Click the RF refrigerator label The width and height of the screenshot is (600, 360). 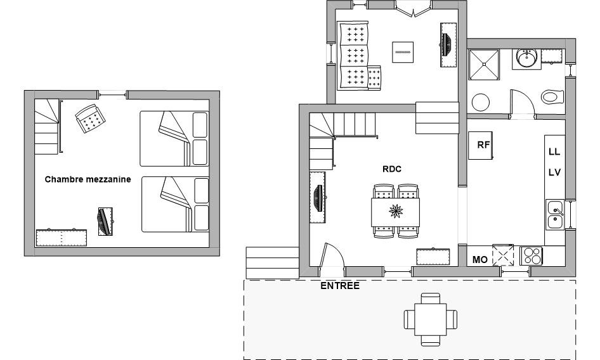483,145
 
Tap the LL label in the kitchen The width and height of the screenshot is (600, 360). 554,151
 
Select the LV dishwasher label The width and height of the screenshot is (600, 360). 554,172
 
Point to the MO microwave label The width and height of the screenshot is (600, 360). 480,260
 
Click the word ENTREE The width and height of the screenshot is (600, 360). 340,286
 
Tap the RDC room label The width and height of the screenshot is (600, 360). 392,169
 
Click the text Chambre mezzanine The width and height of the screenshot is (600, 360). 88,179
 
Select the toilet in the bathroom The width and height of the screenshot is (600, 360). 552,97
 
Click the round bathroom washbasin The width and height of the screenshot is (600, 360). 527,58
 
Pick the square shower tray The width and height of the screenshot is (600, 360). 484,65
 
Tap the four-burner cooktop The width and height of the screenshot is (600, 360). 531,255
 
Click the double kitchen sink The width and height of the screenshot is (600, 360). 554,215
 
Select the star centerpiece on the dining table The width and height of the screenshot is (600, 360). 396,211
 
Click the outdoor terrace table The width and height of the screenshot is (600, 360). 431,319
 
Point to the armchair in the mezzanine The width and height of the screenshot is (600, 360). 90,119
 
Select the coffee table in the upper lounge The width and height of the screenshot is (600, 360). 403,52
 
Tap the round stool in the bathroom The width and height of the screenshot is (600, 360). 481,102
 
